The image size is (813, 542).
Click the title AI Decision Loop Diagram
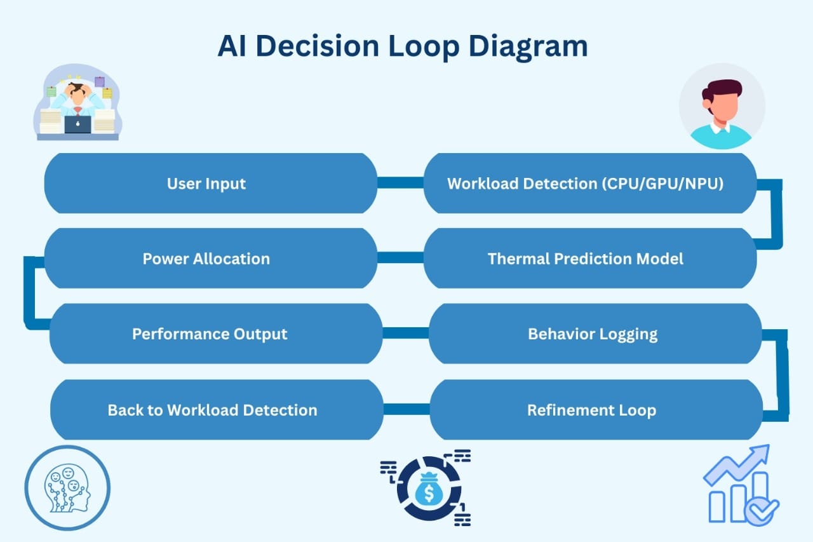pyautogui.click(x=402, y=46)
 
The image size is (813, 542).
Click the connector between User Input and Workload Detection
pyautogui.click(x=400, y=183)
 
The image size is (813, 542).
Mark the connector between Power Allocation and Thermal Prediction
pyautogui.click(x=400, y=257)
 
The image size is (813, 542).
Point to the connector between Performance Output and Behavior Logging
pyautogui.click(x=405, y=333)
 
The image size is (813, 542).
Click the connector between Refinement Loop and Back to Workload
pyautogui.click(x=406, y=409)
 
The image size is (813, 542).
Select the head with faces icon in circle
pyautogui.click(x=67, y=488)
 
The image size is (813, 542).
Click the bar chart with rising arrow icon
pyautogui.click(x=741, y=485)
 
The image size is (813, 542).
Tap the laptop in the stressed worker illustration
pyautogui.click(x=77, y=123)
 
